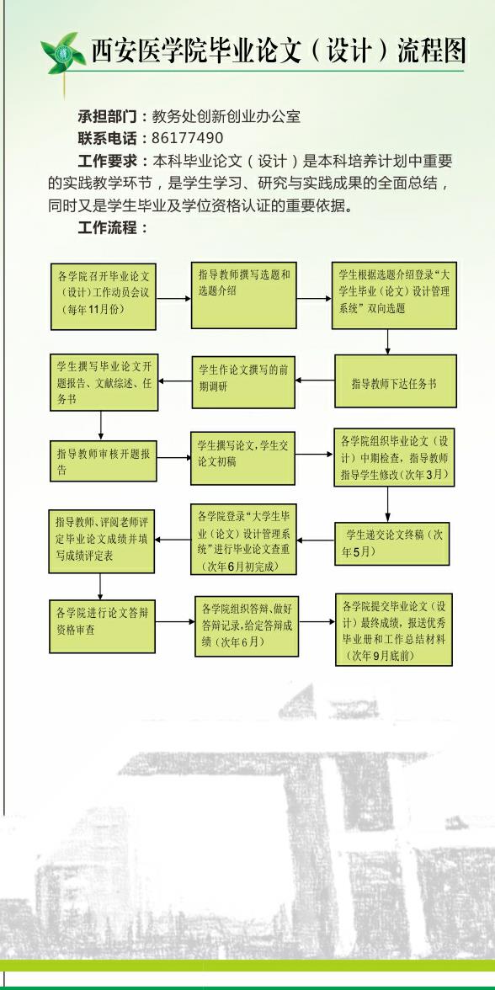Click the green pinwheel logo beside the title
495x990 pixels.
(63, 53)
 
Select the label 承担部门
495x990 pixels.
(107, 116)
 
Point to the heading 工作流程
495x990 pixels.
(107, 228)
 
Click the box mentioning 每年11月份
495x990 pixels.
(104, 296)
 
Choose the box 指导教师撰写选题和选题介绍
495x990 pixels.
(244, 295)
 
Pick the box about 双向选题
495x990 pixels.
(394, 295)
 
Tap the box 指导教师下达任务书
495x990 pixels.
(396, 381)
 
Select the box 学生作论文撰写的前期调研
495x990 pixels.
(244, 381)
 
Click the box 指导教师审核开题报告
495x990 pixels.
(103, 460)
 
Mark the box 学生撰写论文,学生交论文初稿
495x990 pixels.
(243, 458)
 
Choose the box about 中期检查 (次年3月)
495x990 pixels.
(394, 457)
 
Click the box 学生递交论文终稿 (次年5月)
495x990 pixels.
(392, 543)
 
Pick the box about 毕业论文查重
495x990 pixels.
(244, 539)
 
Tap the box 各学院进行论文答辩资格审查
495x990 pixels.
(103, 625)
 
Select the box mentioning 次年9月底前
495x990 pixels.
(394, 630)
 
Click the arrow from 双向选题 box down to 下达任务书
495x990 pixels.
(387, 342)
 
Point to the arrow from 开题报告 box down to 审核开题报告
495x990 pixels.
(100, 426)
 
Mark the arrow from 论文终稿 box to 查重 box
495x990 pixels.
(316, 540)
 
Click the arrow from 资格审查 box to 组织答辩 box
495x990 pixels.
(175, 622)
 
